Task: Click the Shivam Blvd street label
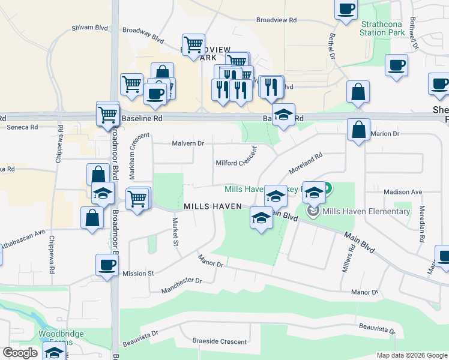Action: [x=89, y=27]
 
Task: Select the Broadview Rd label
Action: [x=276, y=20]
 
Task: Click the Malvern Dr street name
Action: [x=188, y=143]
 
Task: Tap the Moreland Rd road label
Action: [x=306, y=163]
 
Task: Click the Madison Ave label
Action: [x=403, y=192]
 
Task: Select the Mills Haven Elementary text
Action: [x=366, y=211]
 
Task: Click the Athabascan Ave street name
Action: [x=23, y=233]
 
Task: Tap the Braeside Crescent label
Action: [x=219, y=341]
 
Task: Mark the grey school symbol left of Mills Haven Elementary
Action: [x=313, y=211]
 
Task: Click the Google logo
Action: [x=20, y=353]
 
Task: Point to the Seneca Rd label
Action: [x=22, y=127]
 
